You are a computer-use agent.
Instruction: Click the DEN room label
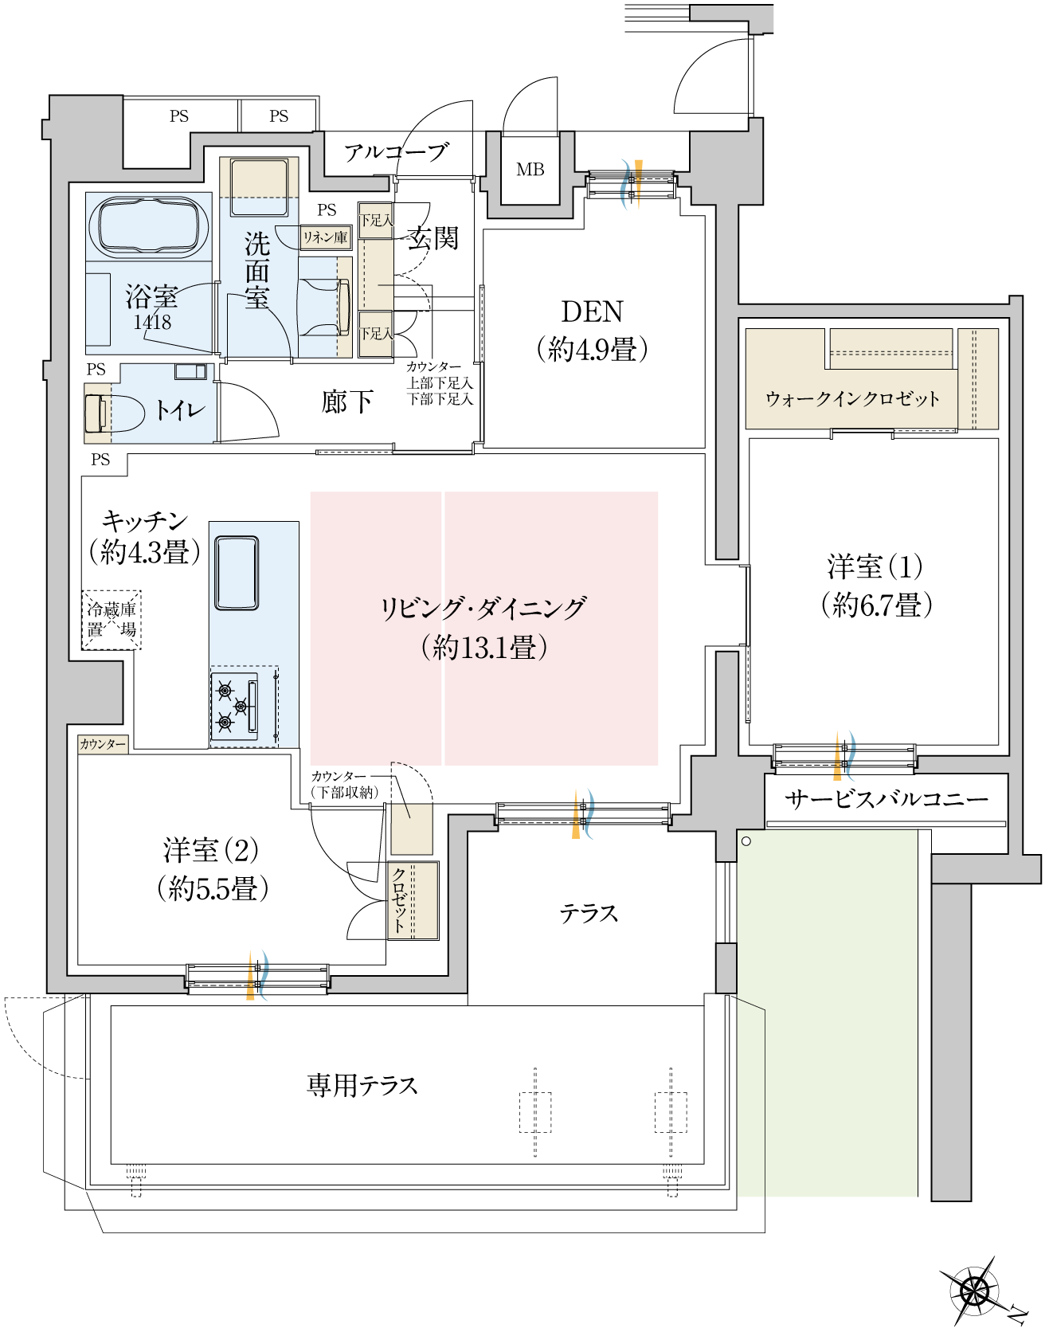point(592,329)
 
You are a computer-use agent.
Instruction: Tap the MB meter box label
point(530,170)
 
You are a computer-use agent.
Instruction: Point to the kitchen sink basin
point(237,573)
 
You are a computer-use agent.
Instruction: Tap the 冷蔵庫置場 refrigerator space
point(112,620)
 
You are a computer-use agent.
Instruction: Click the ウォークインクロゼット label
point(851,398)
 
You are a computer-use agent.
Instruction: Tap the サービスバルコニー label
point(886,799)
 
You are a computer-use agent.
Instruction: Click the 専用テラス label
point(362,1085)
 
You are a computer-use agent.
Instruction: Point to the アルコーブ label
point(396,152)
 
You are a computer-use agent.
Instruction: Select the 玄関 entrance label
point(433,237)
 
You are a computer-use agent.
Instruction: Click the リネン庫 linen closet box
point(325,237)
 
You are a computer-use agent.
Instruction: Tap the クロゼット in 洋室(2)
point(413,900)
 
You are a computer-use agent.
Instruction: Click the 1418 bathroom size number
point(152,322)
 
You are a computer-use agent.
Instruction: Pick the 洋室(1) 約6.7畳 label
point(875,586)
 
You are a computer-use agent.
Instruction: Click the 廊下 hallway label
point(346,402)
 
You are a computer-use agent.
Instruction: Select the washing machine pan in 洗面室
point(259,188)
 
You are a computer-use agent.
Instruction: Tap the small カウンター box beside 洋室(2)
point(103,744)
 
